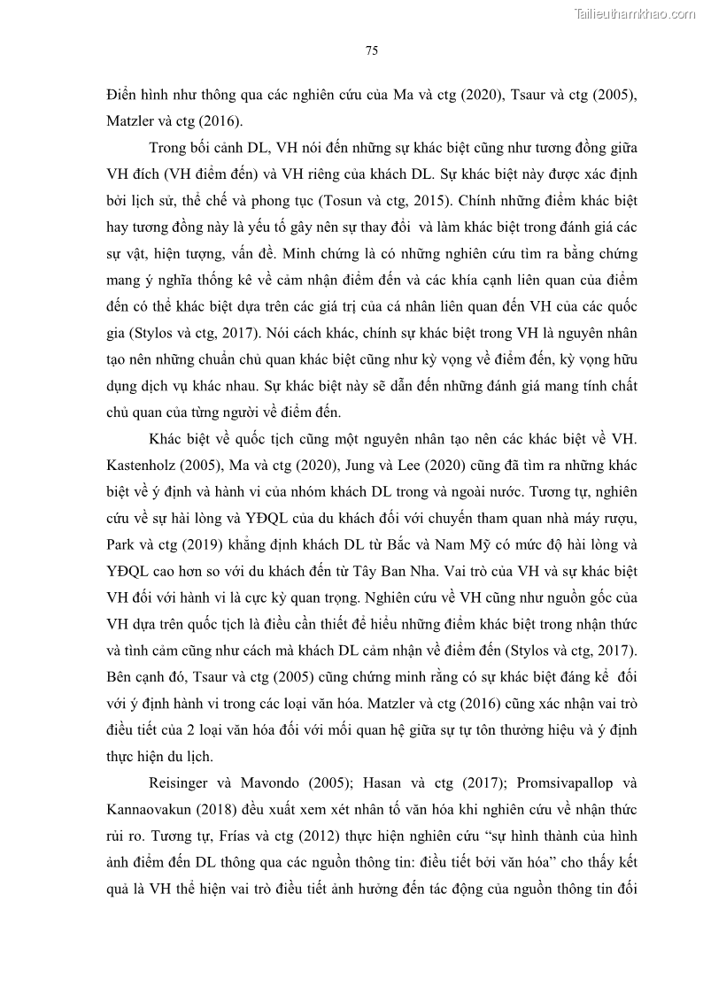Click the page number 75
(x=372, y=50)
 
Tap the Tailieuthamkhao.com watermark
(x=636, y=13)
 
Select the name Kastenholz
(x=143, y=466)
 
